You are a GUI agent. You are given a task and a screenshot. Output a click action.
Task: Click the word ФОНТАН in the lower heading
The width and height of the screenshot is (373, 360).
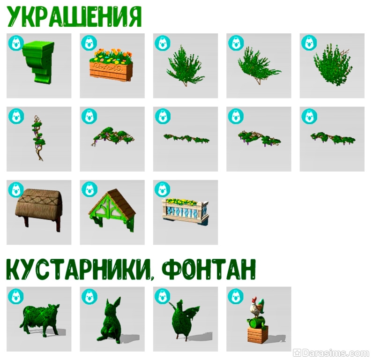tap(209, 270)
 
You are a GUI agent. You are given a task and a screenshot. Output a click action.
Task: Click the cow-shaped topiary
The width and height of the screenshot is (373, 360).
tap(39, 320)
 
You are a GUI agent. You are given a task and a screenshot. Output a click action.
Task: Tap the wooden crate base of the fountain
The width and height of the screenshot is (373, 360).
tap(258, 334)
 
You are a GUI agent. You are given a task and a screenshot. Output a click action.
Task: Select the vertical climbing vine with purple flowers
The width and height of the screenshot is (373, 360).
tap(38, 138)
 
